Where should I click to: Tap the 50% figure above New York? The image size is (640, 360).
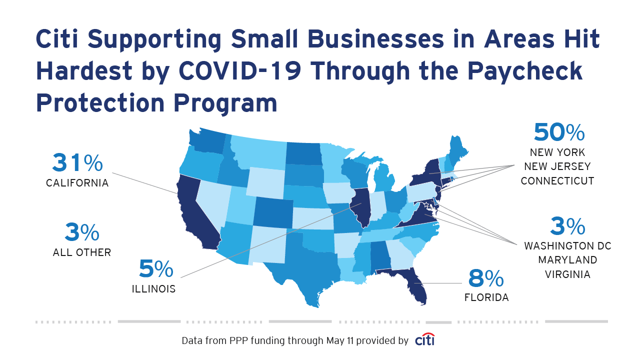click(x=559, y=132)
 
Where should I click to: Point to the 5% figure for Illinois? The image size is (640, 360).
click(x=156, y=269)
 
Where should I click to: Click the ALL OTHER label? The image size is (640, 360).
click(x=82, y=252)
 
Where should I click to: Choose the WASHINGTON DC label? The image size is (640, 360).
click(x=567, y=246)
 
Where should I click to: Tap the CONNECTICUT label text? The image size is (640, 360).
click(x=557, y=181)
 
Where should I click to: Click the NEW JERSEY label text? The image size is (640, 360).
click(x=557, y=166)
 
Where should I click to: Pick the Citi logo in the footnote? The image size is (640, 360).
click(x=424, y=340)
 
